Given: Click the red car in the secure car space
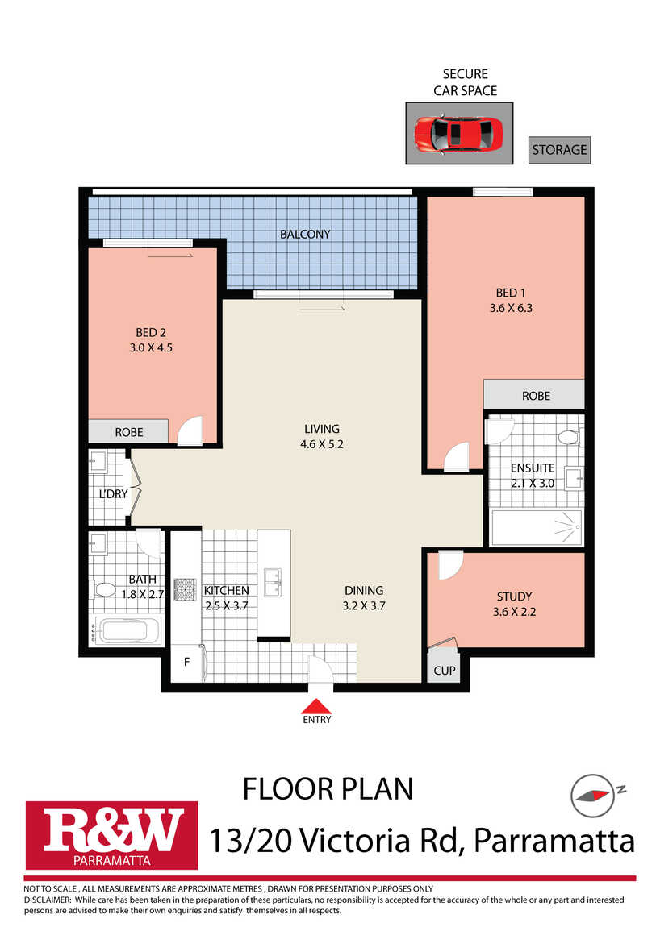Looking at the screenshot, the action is click(458, 134).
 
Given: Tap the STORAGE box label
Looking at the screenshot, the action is click(559, 150).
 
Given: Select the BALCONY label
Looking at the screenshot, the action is click(305, 234).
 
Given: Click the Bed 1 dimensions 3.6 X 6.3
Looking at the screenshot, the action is click(511, 307).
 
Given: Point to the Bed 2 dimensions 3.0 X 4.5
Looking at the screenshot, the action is click(151, 347).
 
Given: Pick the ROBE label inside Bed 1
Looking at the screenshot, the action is click(536, 396).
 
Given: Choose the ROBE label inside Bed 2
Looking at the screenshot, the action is click(129, 432).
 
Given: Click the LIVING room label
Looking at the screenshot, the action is click(322, 429).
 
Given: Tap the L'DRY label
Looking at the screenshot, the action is click(113, 493).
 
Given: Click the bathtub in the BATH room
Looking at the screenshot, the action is click(125, 631).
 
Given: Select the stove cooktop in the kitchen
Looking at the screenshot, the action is click(185, 589).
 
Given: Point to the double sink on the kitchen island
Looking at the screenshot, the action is click(274, 582).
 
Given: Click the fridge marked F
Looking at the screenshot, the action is click(187, 662).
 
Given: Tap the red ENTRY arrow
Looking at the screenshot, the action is click(316, 706).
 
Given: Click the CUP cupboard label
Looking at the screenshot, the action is click(445, 671).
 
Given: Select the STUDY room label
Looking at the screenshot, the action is click(514, 597).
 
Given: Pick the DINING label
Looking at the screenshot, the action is click(364, 590).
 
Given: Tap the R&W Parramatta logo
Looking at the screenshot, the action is click(111, 835).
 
